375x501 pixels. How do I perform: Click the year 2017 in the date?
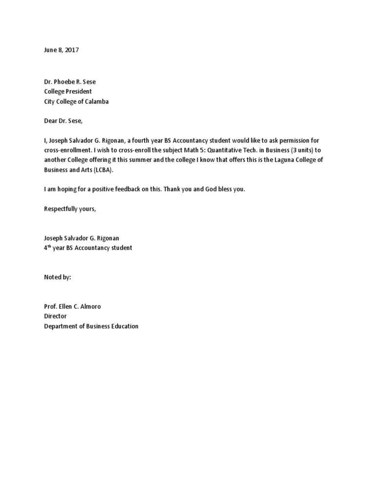71,50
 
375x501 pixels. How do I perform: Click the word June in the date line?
51,50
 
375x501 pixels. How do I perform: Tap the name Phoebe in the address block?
65,82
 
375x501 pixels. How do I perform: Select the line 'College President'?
68,91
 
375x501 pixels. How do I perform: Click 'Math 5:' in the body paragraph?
211,150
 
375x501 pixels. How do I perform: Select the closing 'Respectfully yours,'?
70,209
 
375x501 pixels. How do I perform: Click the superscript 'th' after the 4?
49,246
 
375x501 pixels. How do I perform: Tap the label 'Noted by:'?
58,277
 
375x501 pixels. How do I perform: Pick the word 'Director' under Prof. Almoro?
55,317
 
